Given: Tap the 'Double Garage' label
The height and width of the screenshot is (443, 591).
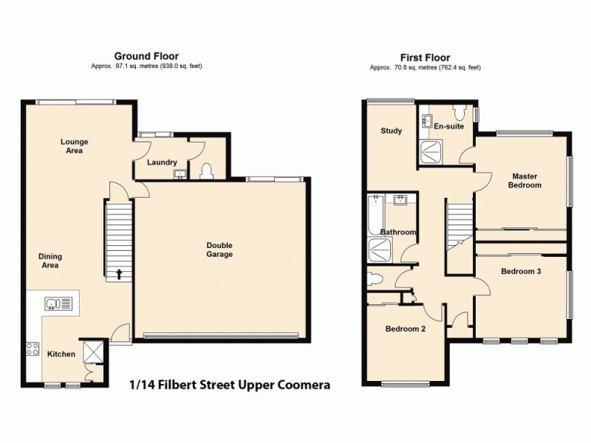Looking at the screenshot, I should (219, 250).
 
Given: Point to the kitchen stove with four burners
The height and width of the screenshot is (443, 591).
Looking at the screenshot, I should (33, 348).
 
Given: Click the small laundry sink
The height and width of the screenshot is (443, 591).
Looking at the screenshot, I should (180, 174).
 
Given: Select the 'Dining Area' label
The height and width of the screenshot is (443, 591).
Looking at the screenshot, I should (49, 261).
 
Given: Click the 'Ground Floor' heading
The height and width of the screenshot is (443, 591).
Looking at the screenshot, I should (146, 56).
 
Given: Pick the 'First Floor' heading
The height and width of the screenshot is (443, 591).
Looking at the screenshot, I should (425, 58).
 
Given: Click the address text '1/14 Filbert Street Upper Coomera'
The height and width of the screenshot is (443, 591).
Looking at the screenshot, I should (229, 385).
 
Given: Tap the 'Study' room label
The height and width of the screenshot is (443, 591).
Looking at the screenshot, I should (392, 131).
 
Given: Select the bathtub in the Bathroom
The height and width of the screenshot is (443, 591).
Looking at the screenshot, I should (373, 214).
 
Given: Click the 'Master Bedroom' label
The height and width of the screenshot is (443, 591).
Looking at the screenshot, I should (525, 180).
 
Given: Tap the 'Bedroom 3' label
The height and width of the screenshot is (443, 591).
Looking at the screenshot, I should (521, 271).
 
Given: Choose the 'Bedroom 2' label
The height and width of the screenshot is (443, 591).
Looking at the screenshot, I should (405, 329).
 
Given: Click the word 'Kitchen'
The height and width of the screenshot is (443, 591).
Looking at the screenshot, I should (61, 354).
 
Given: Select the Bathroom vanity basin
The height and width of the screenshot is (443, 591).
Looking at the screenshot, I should (401, 199).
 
